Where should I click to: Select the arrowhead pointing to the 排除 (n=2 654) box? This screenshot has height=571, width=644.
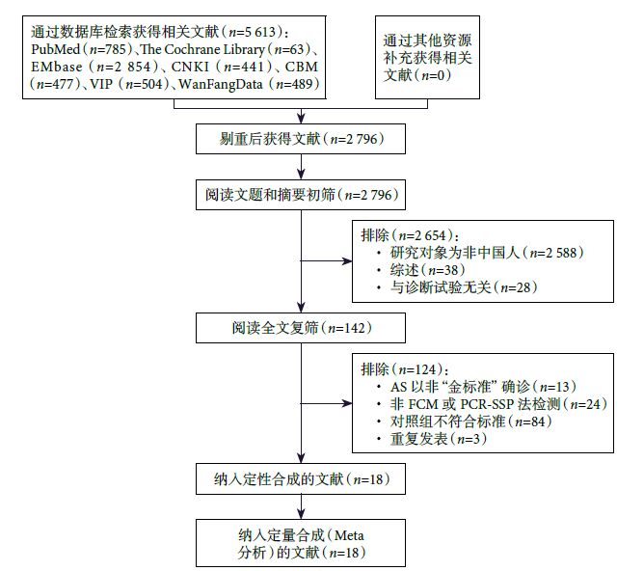pos(349,259)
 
